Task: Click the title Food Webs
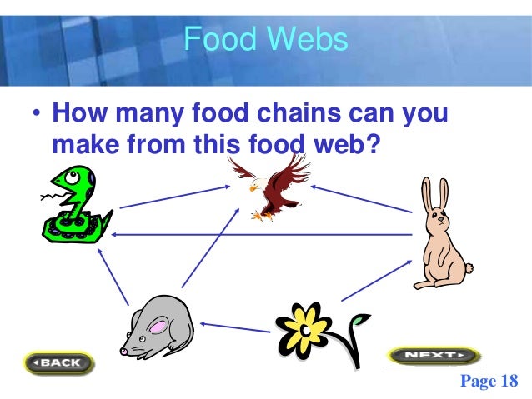click(x=265, y=38)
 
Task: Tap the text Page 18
click(x=489, y=381)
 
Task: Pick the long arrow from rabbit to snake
click(x=263, y=235)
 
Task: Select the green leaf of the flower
click(x=359, y=320)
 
